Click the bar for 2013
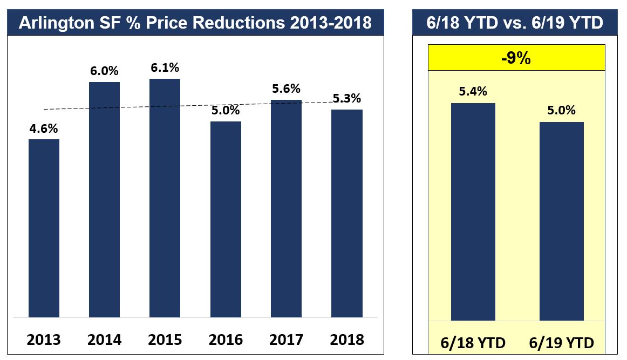point(44,228)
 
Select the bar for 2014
point(104,199)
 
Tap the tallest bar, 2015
point(165,198)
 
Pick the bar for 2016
point(226,219)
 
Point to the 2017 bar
point(286,208)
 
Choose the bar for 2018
point(346,213)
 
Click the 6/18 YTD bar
point(473,212)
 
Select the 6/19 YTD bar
point(561,221)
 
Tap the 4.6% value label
point(44,129)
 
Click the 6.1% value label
point(165,68)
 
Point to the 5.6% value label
point(286,89)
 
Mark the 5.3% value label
point(346,99)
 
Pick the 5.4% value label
point(473,92)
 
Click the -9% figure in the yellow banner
point(515,58)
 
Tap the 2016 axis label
point(226,340)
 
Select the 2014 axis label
point(104,340)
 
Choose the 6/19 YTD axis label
point(561,343)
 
